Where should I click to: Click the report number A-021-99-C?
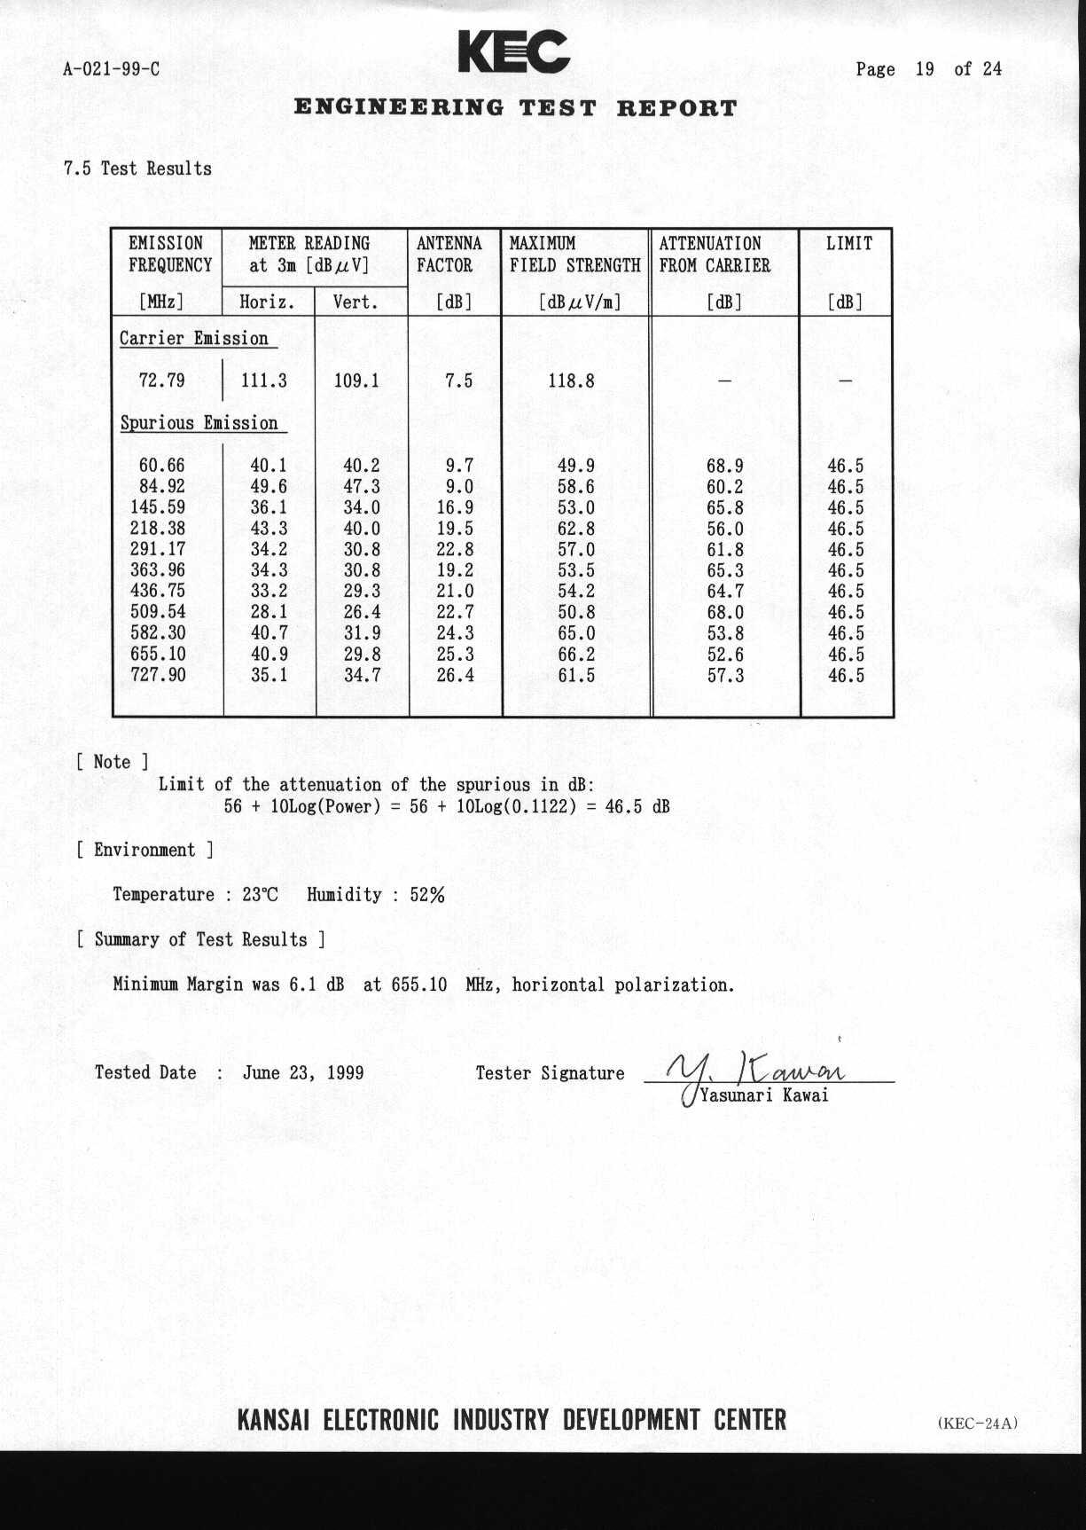pos(112,69)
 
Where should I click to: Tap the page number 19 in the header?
pos(924,69)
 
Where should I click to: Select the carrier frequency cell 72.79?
pos(162,381)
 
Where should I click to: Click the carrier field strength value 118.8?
pos(571,381)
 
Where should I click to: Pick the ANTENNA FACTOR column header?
pos(449,255)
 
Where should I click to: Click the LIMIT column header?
pos(848,244)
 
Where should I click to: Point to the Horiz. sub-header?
pos(267,302)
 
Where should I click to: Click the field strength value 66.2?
pos(576,655)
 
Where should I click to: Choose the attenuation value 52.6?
pos(724,655)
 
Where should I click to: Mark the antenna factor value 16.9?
pos(455,507)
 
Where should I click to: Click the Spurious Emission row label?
pos(199,423)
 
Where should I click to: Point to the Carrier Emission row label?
pos(194,339)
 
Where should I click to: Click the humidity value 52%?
pos(426,895)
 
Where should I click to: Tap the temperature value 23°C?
pos(260,895)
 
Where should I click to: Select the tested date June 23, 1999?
pos(303,1072)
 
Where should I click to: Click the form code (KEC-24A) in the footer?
pos(978,1424)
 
